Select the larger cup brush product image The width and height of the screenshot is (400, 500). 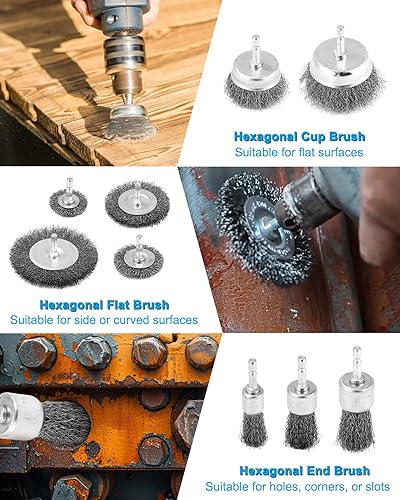(342, 69)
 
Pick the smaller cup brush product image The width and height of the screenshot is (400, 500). (256, 71)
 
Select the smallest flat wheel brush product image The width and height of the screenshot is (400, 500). (68, 198)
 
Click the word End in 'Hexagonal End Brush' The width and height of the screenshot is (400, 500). (319, 471)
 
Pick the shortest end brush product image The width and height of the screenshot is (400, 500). (253, 403)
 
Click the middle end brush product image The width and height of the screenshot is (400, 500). (302, 402)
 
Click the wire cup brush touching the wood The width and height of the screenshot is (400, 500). (129, 123)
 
